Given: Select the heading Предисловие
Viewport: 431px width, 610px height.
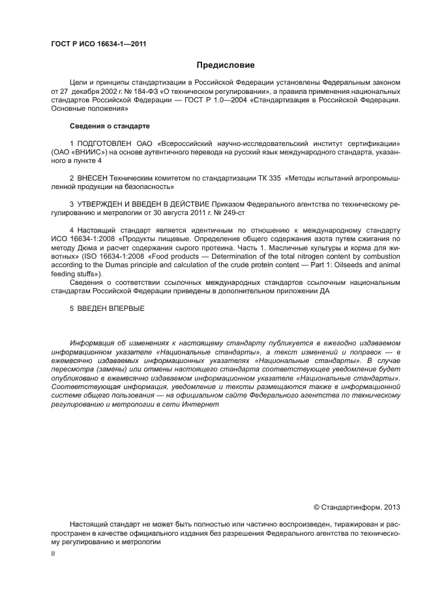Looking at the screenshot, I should (226, 65).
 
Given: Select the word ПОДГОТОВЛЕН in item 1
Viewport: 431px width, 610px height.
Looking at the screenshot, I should (104, 143).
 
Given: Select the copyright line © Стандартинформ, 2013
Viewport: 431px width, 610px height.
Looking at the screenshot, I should (357, 506).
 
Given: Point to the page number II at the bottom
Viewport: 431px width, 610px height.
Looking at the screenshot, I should (53, 553).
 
